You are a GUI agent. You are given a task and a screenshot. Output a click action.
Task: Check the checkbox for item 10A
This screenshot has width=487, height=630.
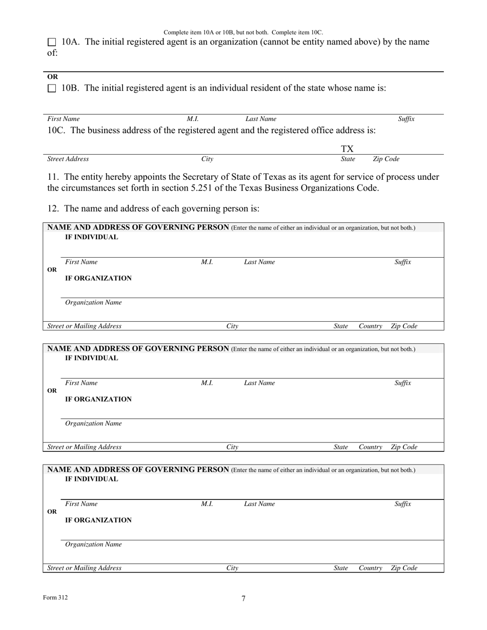point(52,43)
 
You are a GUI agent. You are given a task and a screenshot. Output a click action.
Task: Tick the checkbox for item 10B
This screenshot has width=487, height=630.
point(52,89)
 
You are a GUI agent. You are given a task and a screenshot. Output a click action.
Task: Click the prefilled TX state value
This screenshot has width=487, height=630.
point(348,149)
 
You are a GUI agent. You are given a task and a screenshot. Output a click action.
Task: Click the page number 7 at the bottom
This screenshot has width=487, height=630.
point(243,598)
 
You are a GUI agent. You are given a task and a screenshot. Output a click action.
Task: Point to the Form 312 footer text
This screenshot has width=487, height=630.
point(55,597)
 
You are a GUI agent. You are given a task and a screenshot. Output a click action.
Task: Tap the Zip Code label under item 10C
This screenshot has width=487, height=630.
point(386,159)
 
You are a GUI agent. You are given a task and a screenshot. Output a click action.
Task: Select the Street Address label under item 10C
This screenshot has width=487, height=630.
point(68,159)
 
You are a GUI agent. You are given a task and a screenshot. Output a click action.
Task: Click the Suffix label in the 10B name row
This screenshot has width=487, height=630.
point(407,119)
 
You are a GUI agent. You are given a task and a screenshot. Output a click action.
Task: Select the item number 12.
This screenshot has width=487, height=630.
point(53,208)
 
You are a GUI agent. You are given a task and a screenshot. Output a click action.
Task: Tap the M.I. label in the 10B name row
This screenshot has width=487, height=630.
point(193,119)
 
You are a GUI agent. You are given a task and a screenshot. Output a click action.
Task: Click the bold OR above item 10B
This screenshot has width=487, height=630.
point(52,77)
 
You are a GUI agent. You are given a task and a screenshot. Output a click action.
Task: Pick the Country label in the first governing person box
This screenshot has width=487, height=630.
point(371,326)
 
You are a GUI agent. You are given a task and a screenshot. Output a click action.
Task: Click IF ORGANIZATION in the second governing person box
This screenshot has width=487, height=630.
point(98,400)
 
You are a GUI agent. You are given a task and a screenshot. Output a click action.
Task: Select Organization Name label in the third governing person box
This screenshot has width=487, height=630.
point(93,544)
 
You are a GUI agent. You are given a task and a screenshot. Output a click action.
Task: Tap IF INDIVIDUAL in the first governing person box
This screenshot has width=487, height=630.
point(91,238)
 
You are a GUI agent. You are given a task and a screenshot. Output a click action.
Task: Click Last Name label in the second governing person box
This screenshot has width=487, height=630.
point(259,383)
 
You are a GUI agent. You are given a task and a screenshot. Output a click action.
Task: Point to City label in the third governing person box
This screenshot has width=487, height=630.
point(232,568)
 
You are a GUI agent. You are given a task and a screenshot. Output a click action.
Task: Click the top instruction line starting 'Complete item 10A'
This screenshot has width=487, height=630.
point(243,32)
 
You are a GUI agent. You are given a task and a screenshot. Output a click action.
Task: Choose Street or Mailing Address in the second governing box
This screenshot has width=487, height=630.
point(85,447)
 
